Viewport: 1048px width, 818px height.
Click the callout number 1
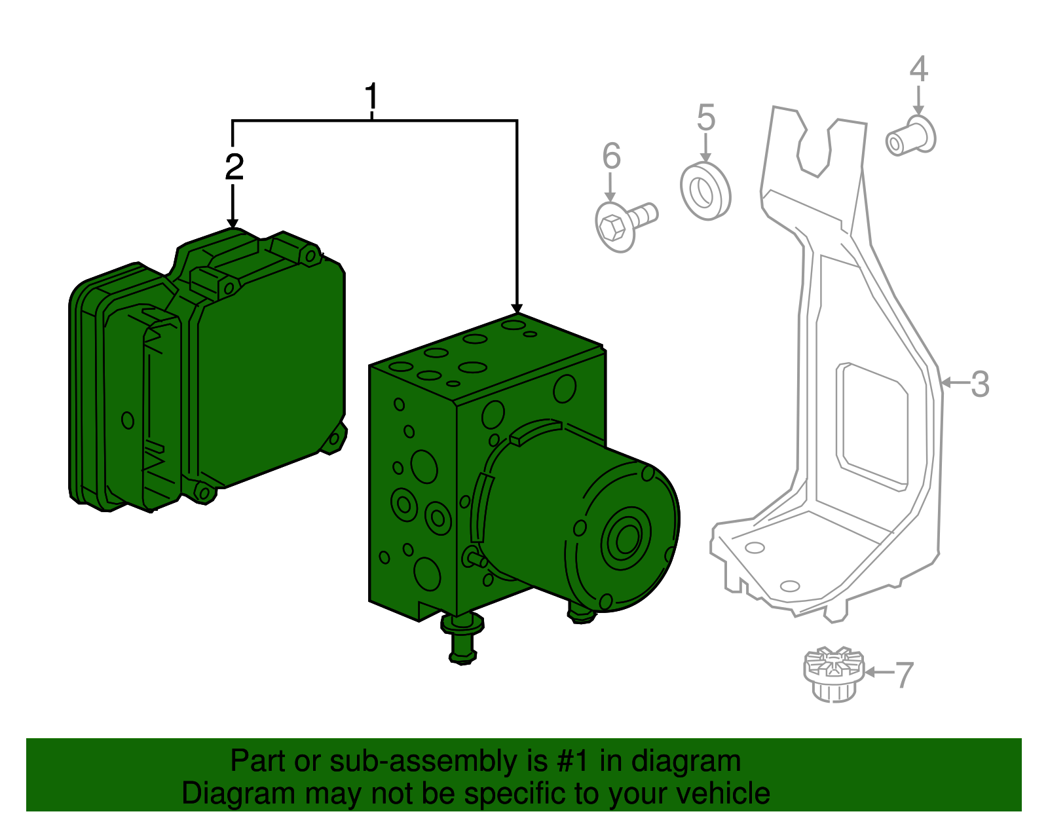tap(371, 96)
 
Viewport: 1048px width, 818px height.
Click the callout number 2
tap(234, 168)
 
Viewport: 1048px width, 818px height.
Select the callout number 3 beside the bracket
tap(980, 384)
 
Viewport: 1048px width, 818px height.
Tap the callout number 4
tap(918, 69)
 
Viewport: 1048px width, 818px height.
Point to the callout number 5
tap(705, 118)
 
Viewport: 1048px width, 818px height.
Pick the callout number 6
tap(610, 157)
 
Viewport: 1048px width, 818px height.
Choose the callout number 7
tap(904, 675)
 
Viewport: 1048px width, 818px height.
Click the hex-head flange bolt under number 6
tap(622, 223)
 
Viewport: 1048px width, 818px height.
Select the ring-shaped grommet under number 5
tap(705, 191)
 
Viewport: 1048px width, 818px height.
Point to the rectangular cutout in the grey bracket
tap(872, 426)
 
